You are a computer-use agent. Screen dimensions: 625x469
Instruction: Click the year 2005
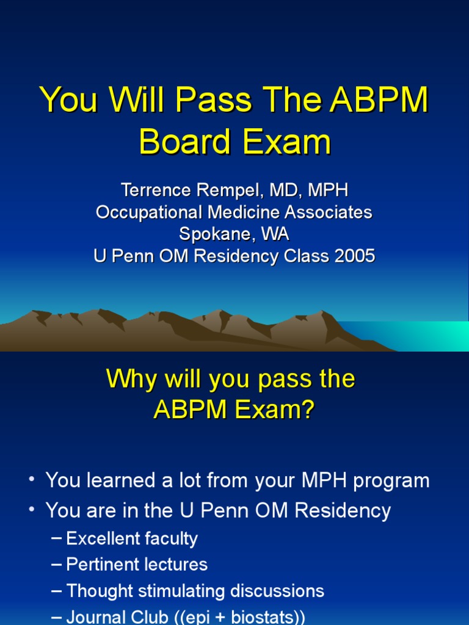tap(354, 256)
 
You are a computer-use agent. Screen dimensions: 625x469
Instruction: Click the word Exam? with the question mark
tap(273, 410)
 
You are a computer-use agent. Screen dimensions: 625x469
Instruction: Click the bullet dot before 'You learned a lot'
tap(31, 480)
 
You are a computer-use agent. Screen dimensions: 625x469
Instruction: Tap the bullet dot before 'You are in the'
tap(31, 510)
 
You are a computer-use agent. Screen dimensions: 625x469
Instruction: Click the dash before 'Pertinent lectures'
tap(57, 565)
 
